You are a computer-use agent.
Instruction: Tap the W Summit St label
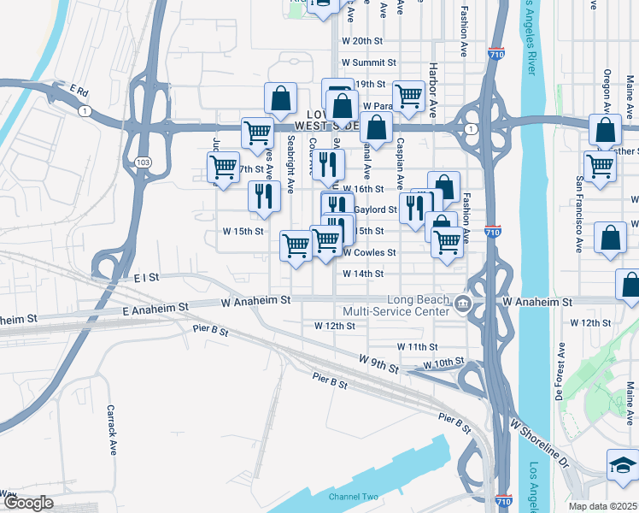369,62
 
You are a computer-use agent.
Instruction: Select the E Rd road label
79,90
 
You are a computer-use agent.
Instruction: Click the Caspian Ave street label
400,160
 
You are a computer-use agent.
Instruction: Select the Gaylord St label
376,209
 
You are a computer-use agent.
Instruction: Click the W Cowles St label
369,252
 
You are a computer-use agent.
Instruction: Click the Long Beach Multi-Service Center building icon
461,303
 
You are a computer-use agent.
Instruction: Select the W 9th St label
379,364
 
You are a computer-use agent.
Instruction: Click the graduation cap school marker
622,464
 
